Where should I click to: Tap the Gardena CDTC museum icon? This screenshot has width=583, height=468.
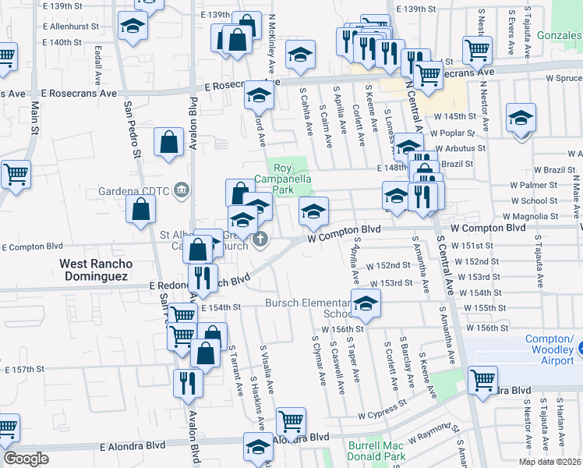click(181, 189)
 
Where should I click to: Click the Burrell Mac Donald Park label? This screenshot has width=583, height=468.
click(376, 452)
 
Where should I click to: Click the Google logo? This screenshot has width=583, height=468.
click(26, 458)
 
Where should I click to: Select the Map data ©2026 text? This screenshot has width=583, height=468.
click(550, 462)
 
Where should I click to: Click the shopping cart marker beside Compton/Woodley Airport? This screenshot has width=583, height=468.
click(482, 381)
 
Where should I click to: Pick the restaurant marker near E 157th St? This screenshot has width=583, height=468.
click(189, 382)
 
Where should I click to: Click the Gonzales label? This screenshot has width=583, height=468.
click(560, 37)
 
